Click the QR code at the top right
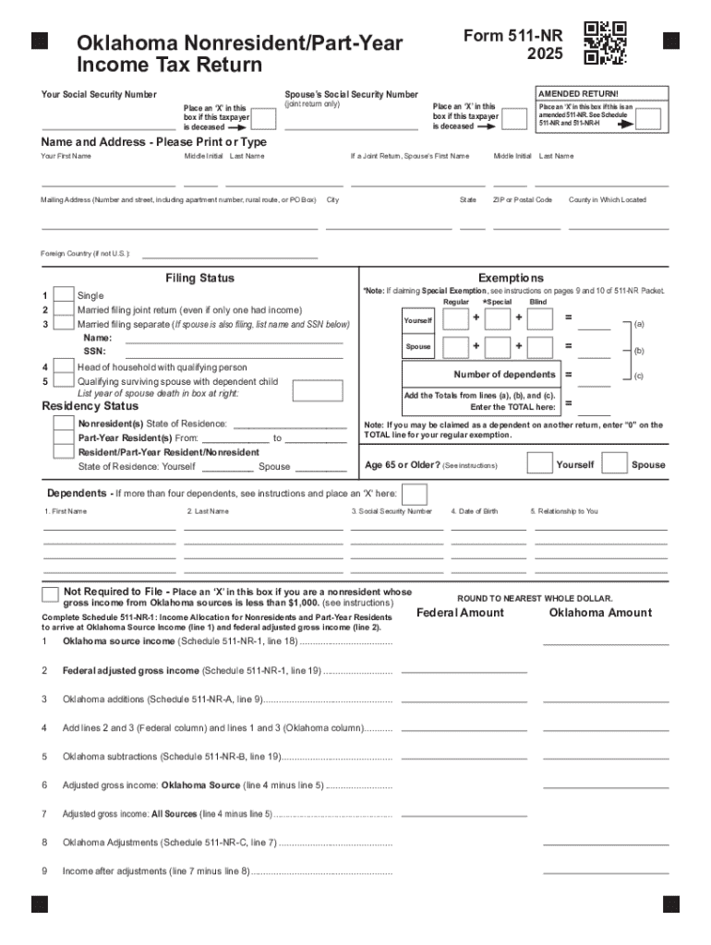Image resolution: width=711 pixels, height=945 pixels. click(x=606, y=42)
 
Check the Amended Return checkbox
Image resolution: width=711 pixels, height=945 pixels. click(x=648, y=119)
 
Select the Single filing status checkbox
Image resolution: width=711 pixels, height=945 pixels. click(x=64, y=295)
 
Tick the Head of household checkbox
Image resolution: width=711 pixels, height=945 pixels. click(x=64, y=366)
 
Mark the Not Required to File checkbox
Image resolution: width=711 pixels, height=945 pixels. click(x=51, y=592)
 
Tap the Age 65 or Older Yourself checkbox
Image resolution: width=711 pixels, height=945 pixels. click(x=538, y=464)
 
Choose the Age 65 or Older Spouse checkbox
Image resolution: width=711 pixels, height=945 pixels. click(x=614, y=464)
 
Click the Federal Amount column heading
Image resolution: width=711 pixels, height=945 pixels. click(x=460, y=613)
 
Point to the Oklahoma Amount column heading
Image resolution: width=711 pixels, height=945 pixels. click(x=599, y=613)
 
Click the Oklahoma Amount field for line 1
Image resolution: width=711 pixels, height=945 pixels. click(x=606, y=642)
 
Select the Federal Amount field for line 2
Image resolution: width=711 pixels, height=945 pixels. click(x=464, y=671)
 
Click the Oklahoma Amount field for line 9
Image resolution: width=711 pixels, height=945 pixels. click(x=606, y=871)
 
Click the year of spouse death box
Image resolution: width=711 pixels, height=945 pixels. click(x=317, y=390)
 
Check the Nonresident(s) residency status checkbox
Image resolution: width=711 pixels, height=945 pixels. click(x=64, y=424)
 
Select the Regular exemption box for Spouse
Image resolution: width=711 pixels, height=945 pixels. click(x=455, y=347)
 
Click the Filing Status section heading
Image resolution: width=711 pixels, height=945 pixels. click(x=199, y=278)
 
